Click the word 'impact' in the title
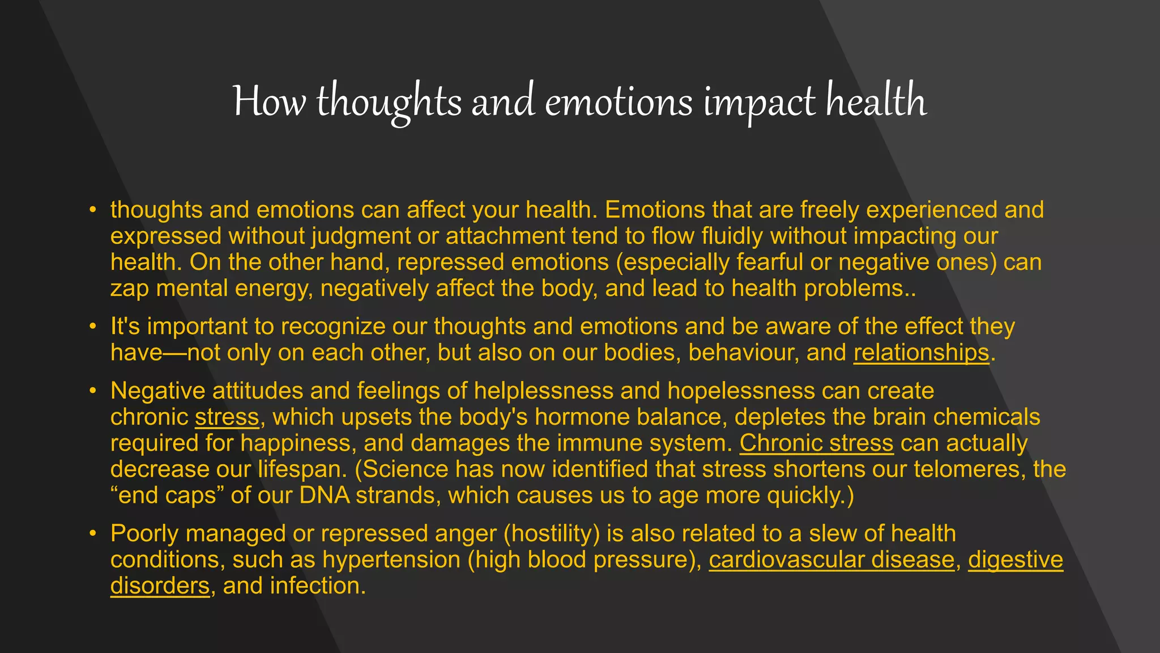coord(758,102)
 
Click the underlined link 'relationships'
coord(921,353)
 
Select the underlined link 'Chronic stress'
coord(816,443)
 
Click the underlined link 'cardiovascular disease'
coord(831,560)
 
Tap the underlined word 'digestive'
coord(1016,560)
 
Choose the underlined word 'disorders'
coord(160,586)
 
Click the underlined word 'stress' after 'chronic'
coord(227,417)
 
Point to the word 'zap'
coord(130,289)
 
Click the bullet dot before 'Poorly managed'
coord(92,534)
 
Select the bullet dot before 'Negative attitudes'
coord(92,391)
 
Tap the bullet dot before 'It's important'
coord(92,327)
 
